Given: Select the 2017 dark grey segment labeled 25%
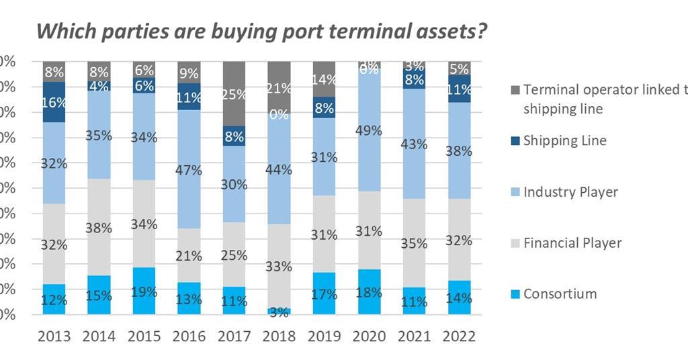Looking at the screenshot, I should pos(234,93).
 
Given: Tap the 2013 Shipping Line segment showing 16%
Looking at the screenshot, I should pos(54,102).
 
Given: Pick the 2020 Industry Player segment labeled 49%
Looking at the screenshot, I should pos(369,130).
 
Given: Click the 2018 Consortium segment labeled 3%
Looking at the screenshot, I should pos(279,311).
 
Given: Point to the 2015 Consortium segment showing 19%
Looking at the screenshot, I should pos(144,291).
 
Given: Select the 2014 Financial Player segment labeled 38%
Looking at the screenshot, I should pos(99,227).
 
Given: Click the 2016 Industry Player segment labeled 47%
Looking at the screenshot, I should pos(189,169).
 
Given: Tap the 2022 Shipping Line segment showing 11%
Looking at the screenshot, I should pos(460,89).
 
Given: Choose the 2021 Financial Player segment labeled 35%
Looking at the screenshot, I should pos(414,243).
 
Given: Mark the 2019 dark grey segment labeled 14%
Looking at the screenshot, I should pos(324,79).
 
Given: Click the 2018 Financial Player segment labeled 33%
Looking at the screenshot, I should pos(279,266).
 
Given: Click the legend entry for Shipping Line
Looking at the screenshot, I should pos(564,140).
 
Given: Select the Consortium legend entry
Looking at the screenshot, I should pos(560,294).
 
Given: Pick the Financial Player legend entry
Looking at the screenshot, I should pos(572,242).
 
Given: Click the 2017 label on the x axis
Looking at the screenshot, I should pos(234,336).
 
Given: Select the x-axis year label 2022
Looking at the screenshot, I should pos(460,336).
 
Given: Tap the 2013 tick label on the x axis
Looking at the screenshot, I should pos(54,336).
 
